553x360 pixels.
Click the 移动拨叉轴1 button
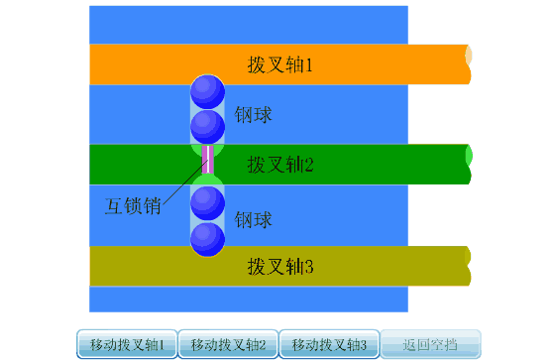click(127, 345)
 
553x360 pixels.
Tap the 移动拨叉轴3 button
click(330, 345)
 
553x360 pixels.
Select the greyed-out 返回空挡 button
click(431, 345)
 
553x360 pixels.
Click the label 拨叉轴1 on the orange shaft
click(279, 65)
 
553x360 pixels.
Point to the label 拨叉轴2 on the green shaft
click(279, 165)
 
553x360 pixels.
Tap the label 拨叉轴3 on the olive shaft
click(279, 266)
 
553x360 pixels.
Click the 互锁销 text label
click(133, 206)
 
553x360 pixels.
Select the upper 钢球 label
click(254, 115)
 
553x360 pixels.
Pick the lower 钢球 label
click(254, 218)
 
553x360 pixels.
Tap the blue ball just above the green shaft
click(207, 126)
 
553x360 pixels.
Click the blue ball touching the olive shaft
click(207, 238)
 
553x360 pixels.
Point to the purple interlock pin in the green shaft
click(207, 160)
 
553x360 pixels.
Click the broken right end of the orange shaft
click(467, 63)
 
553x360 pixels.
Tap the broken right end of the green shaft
click(467, 165)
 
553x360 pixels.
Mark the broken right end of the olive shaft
click(467, 265)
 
